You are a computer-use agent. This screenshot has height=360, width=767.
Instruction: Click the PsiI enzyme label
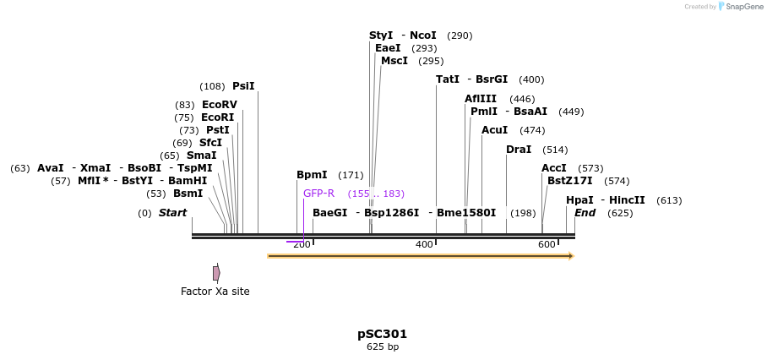(243, 86)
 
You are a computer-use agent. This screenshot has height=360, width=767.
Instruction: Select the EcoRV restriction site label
(220, 105)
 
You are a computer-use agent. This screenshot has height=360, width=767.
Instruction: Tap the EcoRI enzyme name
(217, 117)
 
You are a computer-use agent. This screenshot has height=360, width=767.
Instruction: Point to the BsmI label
(188, 194)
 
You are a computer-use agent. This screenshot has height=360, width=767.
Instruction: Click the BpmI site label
(312, 175)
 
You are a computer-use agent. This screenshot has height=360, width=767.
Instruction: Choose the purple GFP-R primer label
(318, 194)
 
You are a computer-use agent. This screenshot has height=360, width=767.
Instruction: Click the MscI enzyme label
(394, 61)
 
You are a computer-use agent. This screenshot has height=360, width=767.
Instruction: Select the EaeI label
(388, 48)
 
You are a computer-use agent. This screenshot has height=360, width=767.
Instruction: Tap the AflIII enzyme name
(481, 99)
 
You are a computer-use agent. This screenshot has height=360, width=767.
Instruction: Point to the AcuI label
(494, 130)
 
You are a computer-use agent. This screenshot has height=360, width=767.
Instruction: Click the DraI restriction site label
(519, 150)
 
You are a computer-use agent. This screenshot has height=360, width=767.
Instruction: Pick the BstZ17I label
(570, 181)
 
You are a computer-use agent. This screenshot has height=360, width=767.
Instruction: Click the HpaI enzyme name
(579, 200)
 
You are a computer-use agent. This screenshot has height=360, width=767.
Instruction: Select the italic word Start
(172, 213)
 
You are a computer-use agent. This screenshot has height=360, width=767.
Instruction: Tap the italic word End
(585, 213)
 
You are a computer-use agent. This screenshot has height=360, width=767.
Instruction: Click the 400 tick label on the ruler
(424, 245)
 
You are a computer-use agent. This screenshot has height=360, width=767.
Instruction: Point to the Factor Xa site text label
(215, 292)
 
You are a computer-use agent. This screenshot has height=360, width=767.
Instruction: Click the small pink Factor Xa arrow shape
(216, 273)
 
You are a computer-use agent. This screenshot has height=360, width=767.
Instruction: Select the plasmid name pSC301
(382, 334)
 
